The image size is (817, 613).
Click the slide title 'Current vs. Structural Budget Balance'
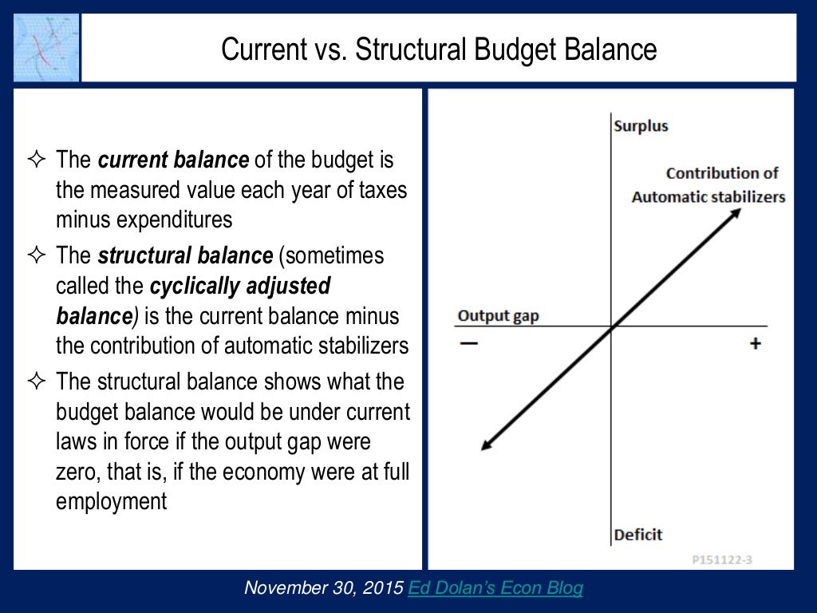[x=439, y=49]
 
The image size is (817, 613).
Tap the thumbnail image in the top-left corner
[x=46, y=49]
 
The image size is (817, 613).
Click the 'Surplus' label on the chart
[x=641, y=126]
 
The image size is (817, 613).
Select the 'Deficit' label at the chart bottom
[x=638, y=534]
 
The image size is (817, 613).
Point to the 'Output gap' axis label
[x=498, y=316]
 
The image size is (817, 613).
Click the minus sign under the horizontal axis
[x=468, y=344]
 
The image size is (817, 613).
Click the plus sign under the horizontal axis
[x=755, y=344]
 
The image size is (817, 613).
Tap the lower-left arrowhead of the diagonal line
[x=487, y=445]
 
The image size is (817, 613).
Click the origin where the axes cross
[x=612, y=326]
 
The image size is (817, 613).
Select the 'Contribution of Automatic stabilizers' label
[x=708, y=185]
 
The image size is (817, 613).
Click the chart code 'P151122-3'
[x=721, y=560]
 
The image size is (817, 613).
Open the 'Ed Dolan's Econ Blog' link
[x=495, y=588]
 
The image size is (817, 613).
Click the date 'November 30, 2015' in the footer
[x=325, y=588]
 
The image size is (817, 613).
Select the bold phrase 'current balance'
[x=173, y=160]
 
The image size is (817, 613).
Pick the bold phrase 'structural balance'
[x=185, y=256]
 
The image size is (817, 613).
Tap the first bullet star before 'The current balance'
[x=36, y=160]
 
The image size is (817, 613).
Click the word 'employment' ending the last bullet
[x=112, y=501]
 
